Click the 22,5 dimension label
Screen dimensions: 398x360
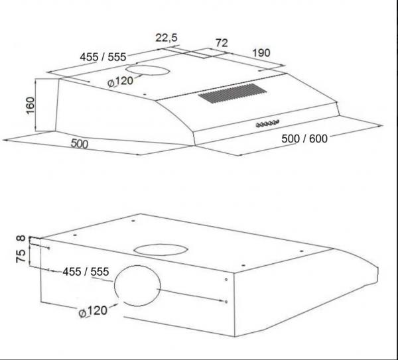pyautogui.click(x=166, y=38)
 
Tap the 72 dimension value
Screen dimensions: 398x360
pyautogui.click(x=222, y=43)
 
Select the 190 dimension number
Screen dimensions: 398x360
pyautogui.click(x=261, y=53)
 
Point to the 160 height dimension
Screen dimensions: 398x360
pyautogui.click(x=31, y=105)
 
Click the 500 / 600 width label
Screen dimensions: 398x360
pyautogui.click(x=304, y=139)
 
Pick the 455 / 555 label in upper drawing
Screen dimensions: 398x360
pyautogui.click(x=103, y=57)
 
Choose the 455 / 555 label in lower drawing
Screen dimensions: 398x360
pyautogui.click(x=86, y=272)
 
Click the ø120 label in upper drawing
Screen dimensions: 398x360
pyautogui.click(x=120, y=82)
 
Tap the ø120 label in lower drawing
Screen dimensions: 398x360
pyautogui.click(x=93, y=312)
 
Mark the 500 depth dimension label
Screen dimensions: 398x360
pyautogui.click(x=80, y=144)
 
